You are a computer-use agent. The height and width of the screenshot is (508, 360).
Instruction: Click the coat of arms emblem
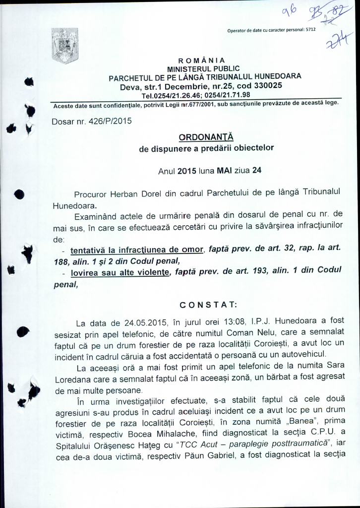pos(61,46)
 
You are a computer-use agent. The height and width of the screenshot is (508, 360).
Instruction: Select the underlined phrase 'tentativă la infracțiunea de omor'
pos(137,250)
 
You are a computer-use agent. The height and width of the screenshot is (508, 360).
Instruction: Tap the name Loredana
pos(72,379)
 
